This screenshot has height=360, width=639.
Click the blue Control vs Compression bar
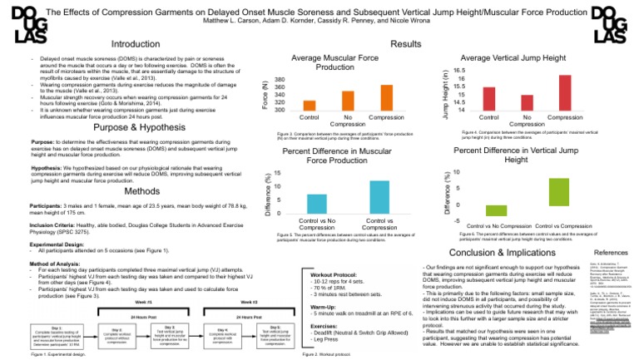coord(379,195)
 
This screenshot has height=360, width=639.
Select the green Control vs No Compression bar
coord(496,210)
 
